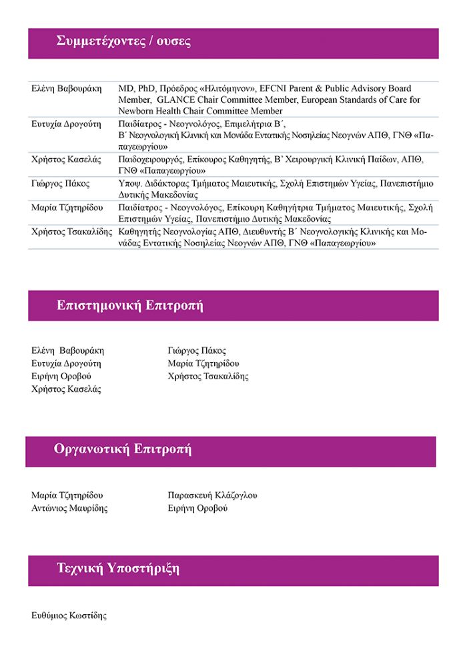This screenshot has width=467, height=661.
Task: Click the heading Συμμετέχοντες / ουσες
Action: pyautogui.click(x=124, y=42)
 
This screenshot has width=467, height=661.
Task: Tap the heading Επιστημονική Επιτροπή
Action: pyautogui.click(x=130, y=306)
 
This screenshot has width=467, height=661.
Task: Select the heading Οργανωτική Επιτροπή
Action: pyautogui.click(x=123, y=449)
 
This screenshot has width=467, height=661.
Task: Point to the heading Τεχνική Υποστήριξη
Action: pyautogui.click(x=118, y=570)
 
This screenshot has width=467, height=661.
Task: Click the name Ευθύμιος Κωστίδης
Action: pyautogui.click(x=69, y=616)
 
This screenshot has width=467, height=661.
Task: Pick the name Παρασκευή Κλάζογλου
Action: pyautogui.click(x=212, y=495)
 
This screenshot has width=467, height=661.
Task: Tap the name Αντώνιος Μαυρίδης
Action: pyautogui.click(x=69, y=508)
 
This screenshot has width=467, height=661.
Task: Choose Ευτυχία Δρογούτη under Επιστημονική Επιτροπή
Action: pyautogui.click(x=66, y=363)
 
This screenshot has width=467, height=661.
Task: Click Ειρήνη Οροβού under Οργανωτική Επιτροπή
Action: pyautogui.click(x=197, y=508)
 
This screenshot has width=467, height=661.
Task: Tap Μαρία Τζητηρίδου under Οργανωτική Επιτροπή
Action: pyautogui.click(x=67, y=495)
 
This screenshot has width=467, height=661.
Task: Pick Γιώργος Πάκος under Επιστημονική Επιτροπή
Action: pyautogui.click(x=197, y=351)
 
